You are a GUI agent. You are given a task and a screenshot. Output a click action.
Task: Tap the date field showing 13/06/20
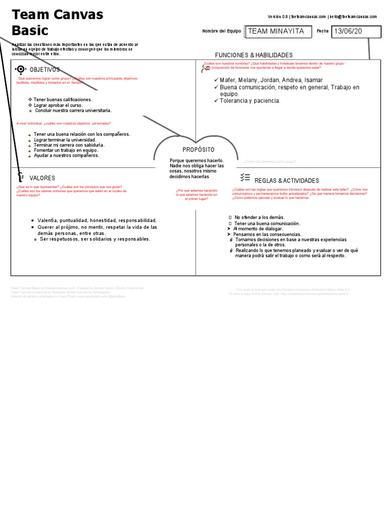click(356, 32)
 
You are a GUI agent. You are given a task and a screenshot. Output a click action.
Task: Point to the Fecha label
click(323, 32)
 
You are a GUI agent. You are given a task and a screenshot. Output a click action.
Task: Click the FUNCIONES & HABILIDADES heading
click(254, 55)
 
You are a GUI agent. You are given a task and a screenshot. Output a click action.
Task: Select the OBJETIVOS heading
click(45, 69)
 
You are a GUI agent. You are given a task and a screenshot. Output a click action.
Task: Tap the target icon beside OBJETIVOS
click(20, 69)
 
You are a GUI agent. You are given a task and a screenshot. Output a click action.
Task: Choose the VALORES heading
click(42, 178)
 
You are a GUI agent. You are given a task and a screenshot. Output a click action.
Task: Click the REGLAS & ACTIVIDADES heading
click(286, 181)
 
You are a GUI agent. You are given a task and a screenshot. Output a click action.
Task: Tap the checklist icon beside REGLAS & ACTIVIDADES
click(244, 178)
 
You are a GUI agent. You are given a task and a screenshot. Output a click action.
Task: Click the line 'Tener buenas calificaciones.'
click(63, 100)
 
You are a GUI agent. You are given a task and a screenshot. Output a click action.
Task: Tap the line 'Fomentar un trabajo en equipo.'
click(66, 150)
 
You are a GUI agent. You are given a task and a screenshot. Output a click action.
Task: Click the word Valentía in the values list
click(49, 221)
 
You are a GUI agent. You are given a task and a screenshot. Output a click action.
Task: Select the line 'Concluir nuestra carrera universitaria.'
click(72, 110)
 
